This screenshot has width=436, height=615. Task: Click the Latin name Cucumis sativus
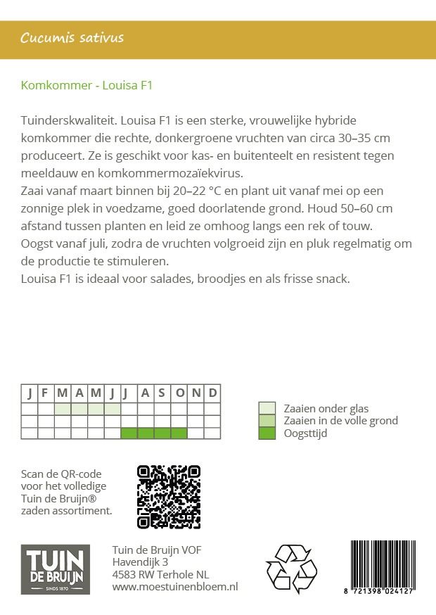(72, 38)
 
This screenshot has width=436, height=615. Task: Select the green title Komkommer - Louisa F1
(86, 86)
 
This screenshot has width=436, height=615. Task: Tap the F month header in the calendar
(45, 393)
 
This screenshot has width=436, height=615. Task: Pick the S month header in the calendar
(162, 393)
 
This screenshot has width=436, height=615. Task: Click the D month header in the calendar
(212, 393)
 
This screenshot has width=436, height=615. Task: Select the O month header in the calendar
(179, 393)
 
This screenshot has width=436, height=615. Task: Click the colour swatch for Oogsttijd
(267, 433)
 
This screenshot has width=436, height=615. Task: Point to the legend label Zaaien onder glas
(326, 408)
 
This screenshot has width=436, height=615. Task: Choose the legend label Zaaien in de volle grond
(340, 421)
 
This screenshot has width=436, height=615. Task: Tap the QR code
(169, 497)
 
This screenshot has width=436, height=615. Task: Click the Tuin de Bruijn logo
(55, 569)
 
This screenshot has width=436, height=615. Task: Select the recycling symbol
(291, 569)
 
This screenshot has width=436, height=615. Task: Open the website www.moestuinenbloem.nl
(175, 586)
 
